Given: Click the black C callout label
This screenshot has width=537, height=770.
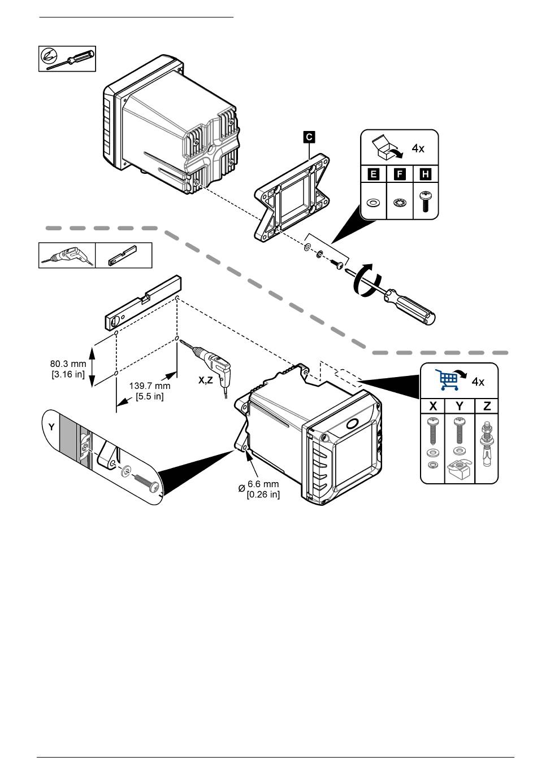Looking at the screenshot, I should click(x=309, y=136).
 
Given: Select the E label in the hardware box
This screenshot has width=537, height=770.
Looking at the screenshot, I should click(x=373, y=174).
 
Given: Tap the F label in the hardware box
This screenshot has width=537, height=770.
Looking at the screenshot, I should click(x=400, y=174).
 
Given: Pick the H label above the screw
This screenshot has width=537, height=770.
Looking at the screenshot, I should click(x=426, y=174).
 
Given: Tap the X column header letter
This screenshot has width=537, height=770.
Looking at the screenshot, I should click(x=433, y=406).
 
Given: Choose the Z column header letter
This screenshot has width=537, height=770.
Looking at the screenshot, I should click(x=487, y=406).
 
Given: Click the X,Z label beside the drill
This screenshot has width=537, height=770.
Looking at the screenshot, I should click(x=206, y=380).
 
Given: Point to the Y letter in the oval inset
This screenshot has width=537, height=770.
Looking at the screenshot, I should click(x=51, y=427).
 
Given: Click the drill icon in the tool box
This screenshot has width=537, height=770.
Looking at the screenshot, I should click(x=67, y=256).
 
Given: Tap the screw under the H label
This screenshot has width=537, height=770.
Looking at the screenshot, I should click(x=426, y=203).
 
